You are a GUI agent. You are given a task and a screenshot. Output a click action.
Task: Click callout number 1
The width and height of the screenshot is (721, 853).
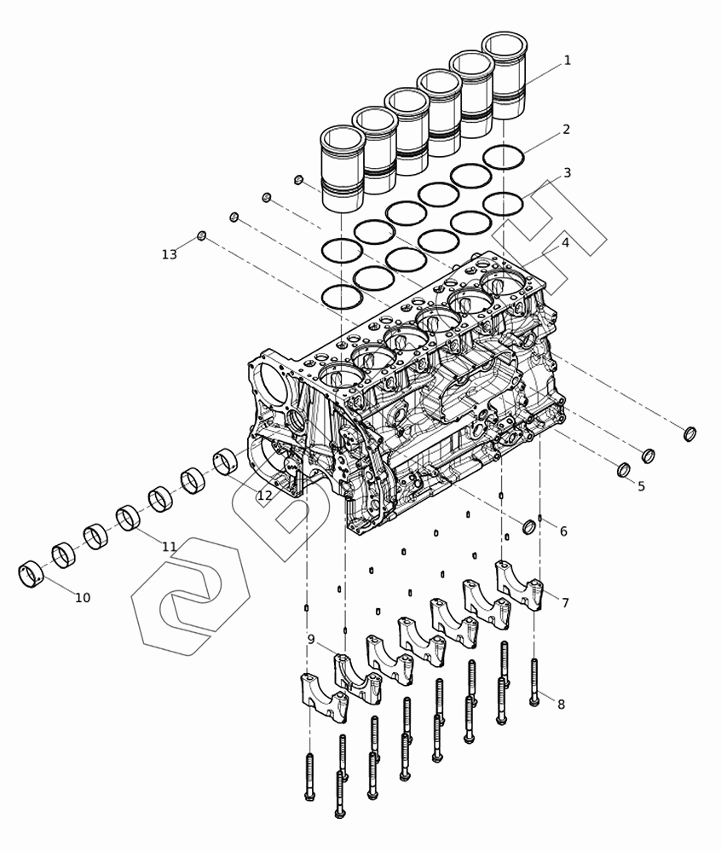(568, 60)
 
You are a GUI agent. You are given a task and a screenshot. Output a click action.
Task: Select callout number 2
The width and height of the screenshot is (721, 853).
(566, 130)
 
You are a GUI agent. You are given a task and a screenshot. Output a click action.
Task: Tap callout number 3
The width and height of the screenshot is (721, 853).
(567, 173)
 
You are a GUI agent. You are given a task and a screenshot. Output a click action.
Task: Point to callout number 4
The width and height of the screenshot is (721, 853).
(565, 242)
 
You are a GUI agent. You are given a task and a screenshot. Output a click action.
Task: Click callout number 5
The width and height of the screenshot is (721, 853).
(641, 486)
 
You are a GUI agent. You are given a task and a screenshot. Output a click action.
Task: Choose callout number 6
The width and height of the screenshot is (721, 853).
(563, 531)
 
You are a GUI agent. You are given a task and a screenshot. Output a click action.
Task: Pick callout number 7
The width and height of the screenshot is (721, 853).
(565, 602)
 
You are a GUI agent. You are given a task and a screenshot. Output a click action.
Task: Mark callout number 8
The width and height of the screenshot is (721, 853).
(562, 704)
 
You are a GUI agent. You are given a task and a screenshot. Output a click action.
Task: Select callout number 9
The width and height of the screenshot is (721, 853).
(311, 639)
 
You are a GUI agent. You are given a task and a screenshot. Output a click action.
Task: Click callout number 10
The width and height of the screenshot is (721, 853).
(83, 597)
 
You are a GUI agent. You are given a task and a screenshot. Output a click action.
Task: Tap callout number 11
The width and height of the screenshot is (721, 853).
(169, 546)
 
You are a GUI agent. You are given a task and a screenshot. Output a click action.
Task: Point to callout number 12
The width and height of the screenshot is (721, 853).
(264, 496)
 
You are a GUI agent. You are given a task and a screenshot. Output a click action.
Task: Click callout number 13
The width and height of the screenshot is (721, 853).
(170, 254)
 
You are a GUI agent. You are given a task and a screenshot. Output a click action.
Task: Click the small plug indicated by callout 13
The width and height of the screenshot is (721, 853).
(202, 235)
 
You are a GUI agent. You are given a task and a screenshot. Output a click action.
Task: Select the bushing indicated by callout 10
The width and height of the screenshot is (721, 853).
(31, 574)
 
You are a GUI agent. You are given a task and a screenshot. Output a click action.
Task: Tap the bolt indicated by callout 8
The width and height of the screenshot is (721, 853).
(534, 682)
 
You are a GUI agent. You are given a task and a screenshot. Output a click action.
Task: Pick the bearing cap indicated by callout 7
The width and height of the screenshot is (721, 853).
(518, 586)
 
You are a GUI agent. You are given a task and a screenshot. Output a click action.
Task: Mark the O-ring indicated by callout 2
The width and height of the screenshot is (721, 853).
(504, 158)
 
